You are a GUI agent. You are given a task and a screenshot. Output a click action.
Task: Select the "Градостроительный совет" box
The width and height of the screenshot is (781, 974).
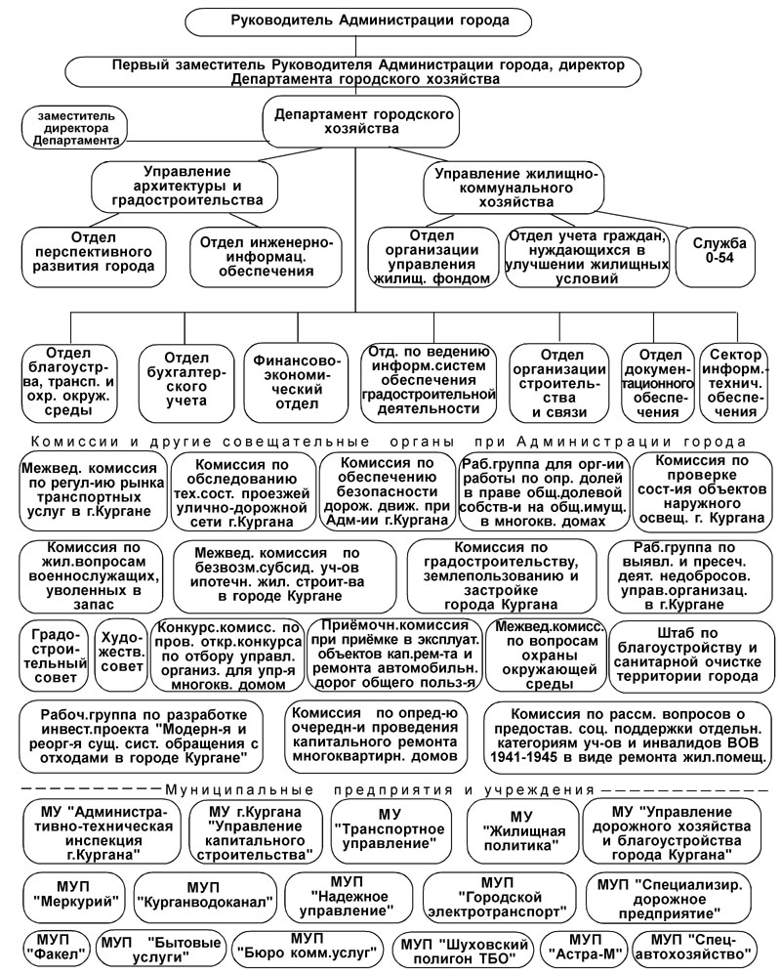(x=54, y=654)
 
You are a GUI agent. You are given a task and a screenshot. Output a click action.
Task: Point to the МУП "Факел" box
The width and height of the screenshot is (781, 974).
(x=54, y=948)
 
